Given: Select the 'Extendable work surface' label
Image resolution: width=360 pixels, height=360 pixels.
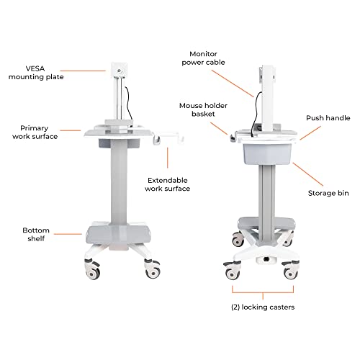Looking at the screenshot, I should (x=168, y=184).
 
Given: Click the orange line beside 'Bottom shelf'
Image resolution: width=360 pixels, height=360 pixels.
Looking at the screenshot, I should (x=70, y=233).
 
